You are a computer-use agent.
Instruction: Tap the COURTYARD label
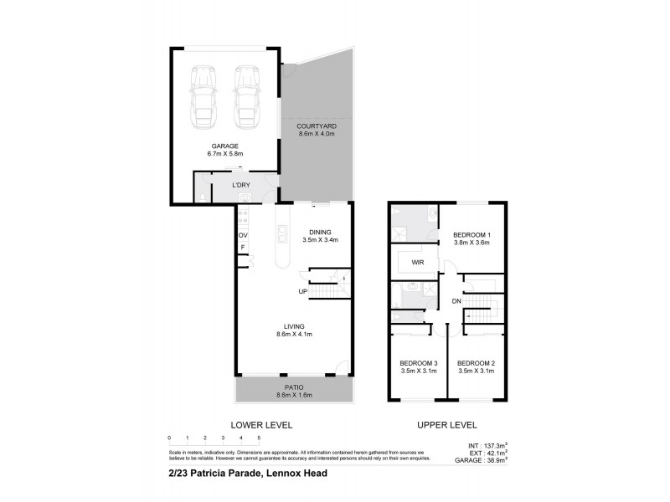pos(317,125)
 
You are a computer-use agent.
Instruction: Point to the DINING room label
pos(320,232)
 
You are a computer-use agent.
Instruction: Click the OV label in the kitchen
pos(243,235)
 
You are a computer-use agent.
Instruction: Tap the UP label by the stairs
pos(302,291)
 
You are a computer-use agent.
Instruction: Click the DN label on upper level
pos(456,301)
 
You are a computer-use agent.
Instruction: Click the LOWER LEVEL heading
pos(262,425)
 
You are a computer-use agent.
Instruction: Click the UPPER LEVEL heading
pos(448,425)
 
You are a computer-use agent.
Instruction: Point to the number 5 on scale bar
pos(260,438)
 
